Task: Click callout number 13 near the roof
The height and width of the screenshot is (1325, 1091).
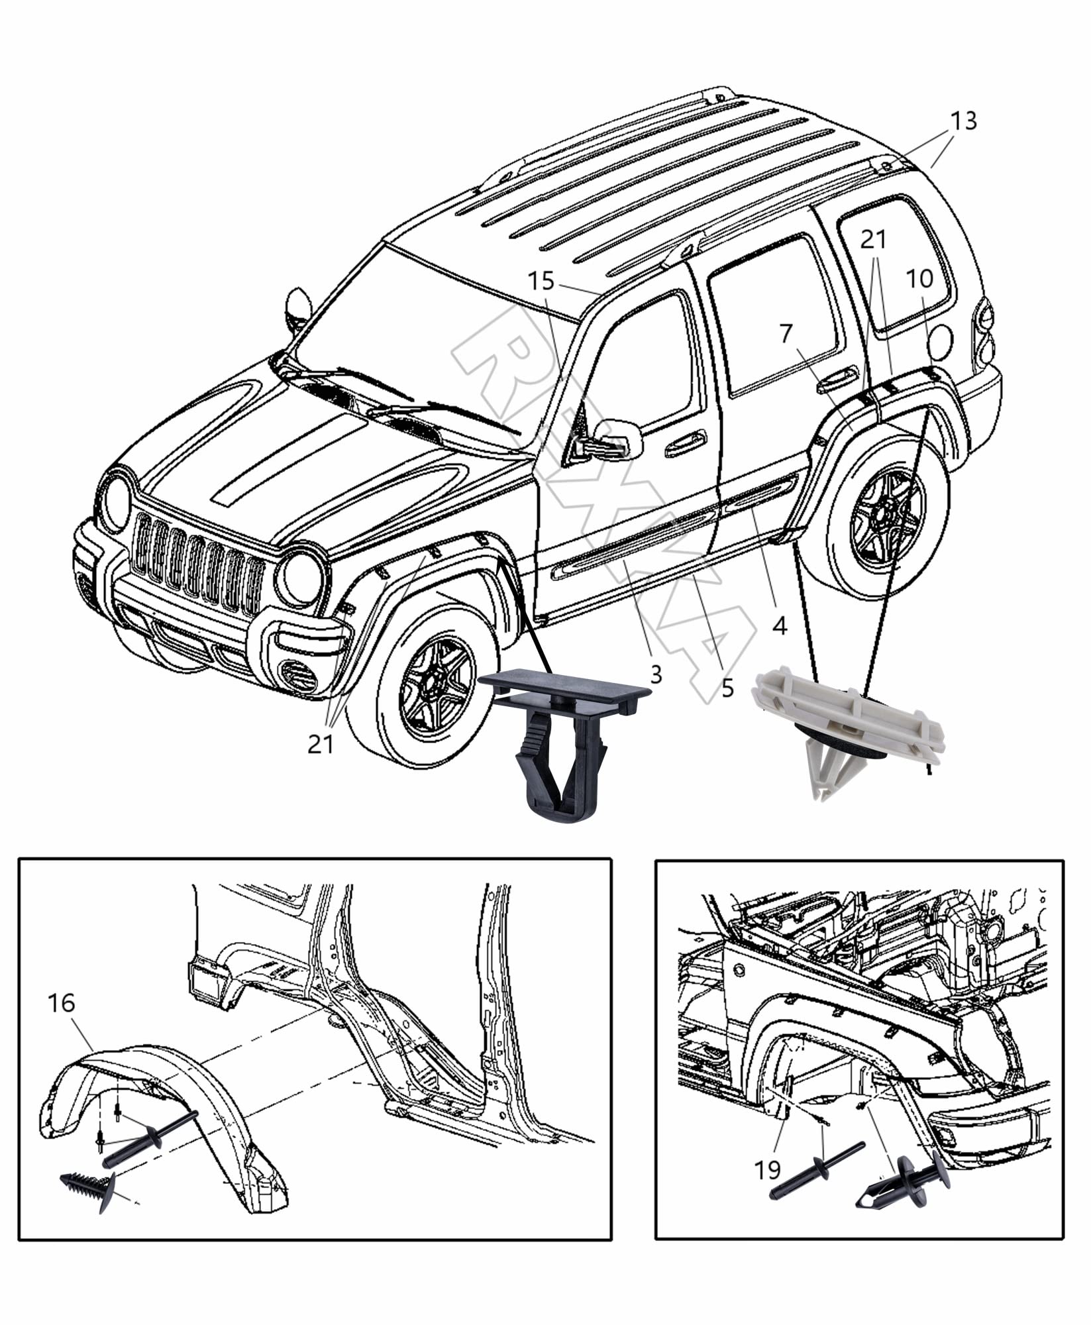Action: [963, 122]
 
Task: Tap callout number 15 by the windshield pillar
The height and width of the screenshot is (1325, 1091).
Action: [541, 282]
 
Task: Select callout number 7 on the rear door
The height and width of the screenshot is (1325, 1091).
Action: [786, 335]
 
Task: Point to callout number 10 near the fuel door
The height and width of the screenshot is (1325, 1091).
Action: [919, 278]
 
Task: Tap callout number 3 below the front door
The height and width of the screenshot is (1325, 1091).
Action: [655, 674]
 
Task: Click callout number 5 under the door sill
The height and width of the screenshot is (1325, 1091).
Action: [727, 689]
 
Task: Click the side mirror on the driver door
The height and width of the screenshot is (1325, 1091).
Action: [613, 441]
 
